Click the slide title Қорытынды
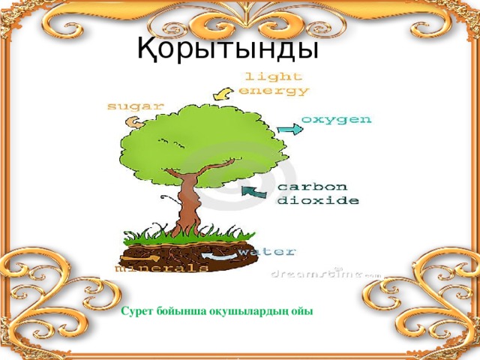pos(228,49)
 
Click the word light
pos(274,76)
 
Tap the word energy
pos(274,90)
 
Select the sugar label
pos(135,106)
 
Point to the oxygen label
pos(336,119)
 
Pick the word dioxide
pos(318,201)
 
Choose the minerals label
pos(161,267)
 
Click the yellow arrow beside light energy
pos(223,92)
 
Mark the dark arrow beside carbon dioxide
pos(253,193)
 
